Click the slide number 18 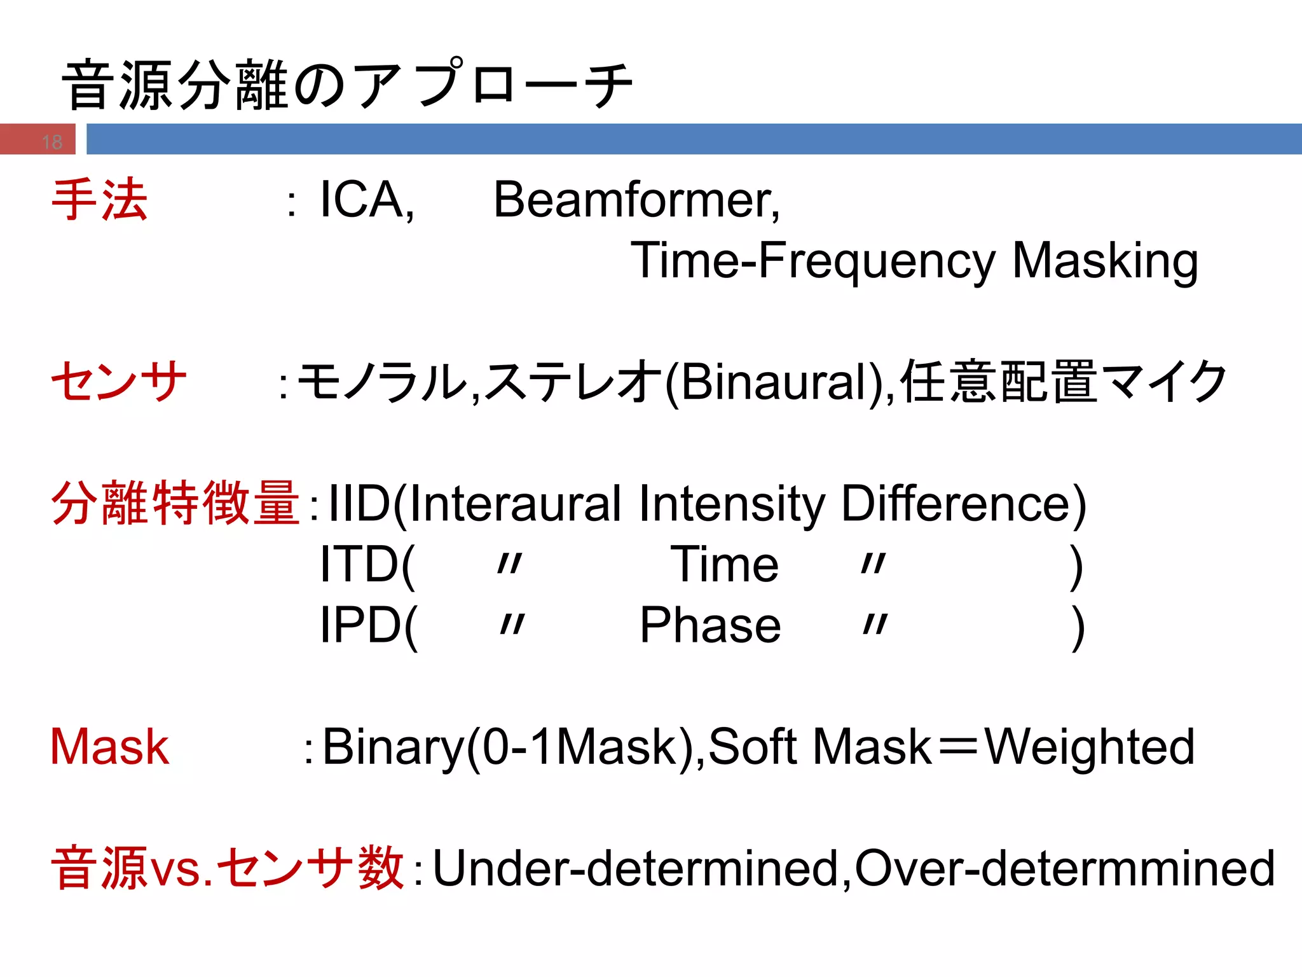52,141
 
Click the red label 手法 100,200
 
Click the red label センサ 119,382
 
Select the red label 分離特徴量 175,504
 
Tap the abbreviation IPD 359,625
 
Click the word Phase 710,625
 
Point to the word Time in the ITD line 724,564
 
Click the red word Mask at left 109,747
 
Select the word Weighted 1089,747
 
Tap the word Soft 753,747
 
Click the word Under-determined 635,868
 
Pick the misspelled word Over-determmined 1065,868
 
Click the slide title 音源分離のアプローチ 346,85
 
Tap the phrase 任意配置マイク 1063,382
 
